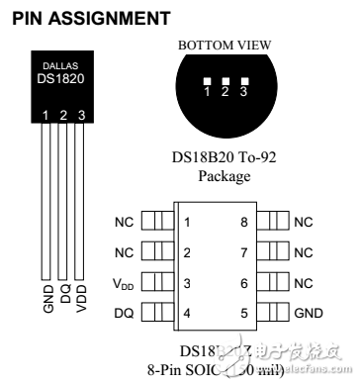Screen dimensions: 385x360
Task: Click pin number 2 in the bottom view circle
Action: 225,92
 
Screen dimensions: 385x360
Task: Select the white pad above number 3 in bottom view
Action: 241,81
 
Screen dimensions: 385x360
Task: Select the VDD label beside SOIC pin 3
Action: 122,284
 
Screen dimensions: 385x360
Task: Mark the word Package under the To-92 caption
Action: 225,177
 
